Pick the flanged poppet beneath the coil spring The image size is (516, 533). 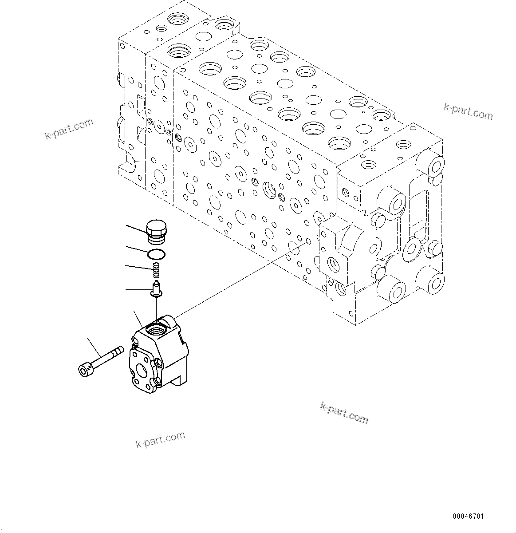click(x=156, y=288)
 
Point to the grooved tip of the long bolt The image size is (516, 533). click(x=118, y=352)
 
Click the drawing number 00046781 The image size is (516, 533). click(x=468, y=517)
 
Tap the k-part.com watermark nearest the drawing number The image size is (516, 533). click(x=344, y=412)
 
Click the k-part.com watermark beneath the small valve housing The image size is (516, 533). click(x=160, y=439)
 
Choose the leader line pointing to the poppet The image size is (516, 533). click(x=138, y=290)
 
